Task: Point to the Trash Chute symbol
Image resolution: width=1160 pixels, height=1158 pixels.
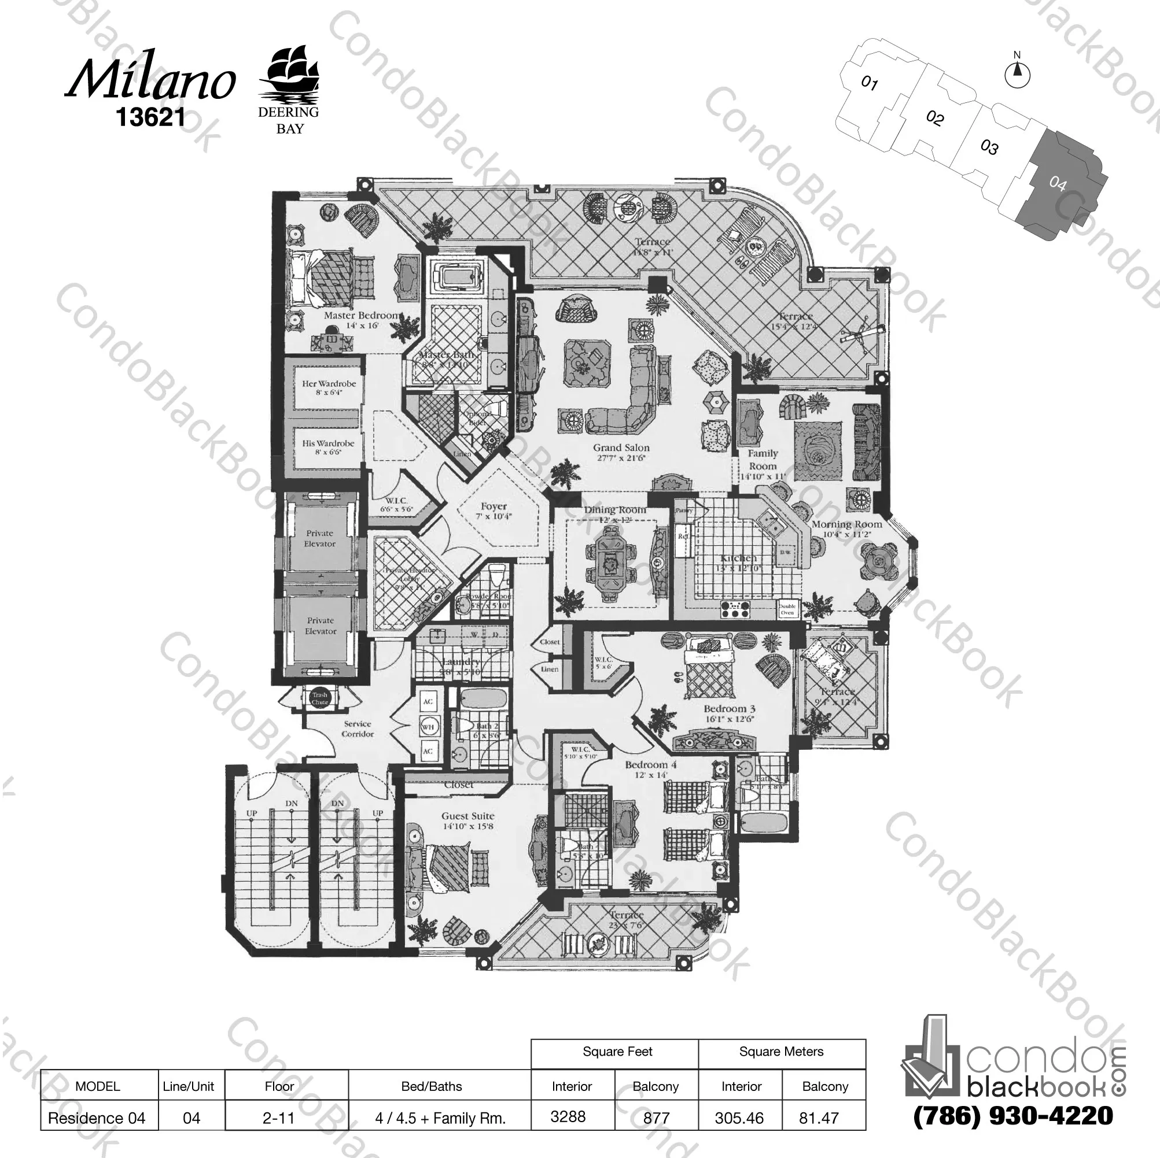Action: [319, 698]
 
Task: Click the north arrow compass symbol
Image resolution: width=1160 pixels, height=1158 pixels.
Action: [1017, 75]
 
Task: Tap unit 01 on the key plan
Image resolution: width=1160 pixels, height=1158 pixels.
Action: [870, 83]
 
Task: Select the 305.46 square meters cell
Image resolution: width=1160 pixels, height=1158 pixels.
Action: [739, 1118]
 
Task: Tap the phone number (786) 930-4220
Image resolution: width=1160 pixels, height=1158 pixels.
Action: [1013, 1115]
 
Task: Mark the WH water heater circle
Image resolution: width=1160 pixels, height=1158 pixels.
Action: [428, 727]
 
